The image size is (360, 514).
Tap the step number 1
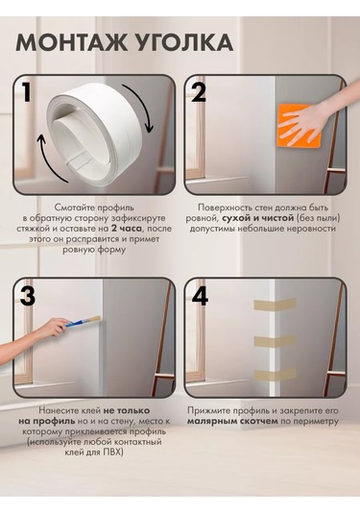(x=26, y=92)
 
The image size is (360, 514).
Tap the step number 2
(x=199, y=92)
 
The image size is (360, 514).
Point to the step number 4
(x=200, y=296)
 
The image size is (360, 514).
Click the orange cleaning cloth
(x=299, y=126)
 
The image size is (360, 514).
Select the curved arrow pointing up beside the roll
(x=46, y=158)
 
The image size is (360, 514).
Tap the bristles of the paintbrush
(x=95, y=319)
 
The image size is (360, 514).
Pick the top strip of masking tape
(x=276, y=305)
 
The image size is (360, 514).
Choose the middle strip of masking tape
(x=276, y=342)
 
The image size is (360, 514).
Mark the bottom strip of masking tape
(x=276, y=375)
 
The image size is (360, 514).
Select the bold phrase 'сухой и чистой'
(x=258, y=218)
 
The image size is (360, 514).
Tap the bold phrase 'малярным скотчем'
(x=232, y=421)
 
